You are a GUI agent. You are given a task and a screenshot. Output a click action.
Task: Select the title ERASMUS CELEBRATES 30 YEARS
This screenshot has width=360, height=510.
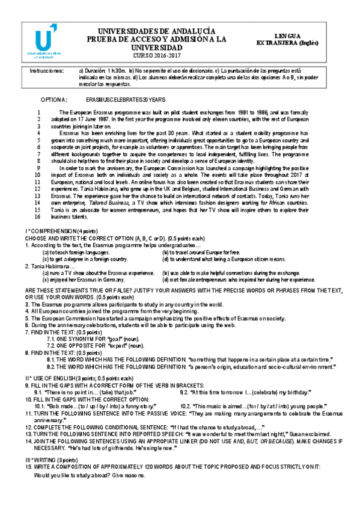[126, 99]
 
